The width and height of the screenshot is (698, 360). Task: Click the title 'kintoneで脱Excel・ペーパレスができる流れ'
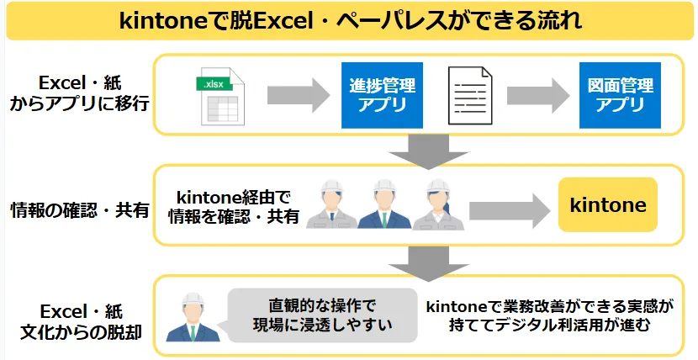tap(349, 21)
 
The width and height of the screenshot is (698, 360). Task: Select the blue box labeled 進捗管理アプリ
tap(383, 95)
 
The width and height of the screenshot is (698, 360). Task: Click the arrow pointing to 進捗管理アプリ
tap(299, 96)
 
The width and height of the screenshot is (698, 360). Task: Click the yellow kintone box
tap(608, 205)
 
